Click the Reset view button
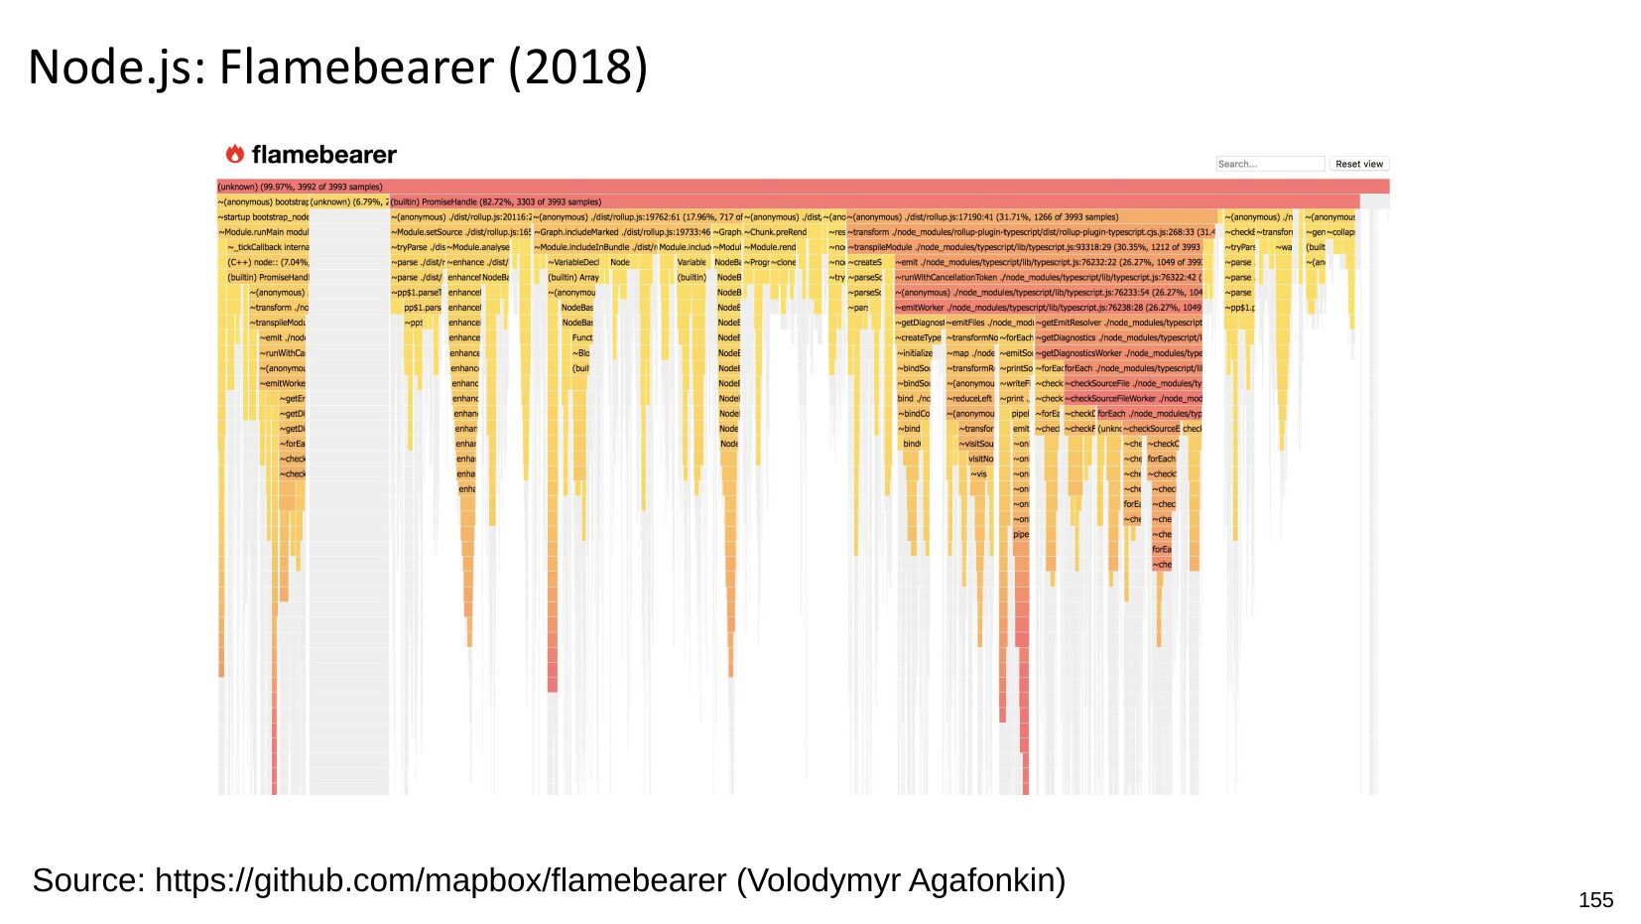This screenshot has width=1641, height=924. pyautogui.click(x=1358, y=164)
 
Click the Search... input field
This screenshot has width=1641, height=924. pyautogui.click(x=1270, y=164)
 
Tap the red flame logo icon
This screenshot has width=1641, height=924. pyautogui.click(x=235, y=154)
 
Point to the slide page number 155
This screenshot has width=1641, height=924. pyautogui.click(x=1595, y=899)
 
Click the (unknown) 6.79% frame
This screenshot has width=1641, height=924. pyautogui.click(x=348, y=201)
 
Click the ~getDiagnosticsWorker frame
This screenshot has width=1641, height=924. pyautogui.click(x=1118, y=353)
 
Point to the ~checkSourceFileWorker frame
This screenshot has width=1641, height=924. pyautogui.click(x=1132, y=398)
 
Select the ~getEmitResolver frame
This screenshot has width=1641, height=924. pyautogui.click(x=1118, y=323)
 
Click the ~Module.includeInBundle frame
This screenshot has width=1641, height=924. pyautogui.click(x=594, y=247)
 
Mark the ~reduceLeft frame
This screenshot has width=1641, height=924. pyautogui.click(x=970, y=398)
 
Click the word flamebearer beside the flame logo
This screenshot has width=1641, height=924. pyautogui.click(x=323, y=155)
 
